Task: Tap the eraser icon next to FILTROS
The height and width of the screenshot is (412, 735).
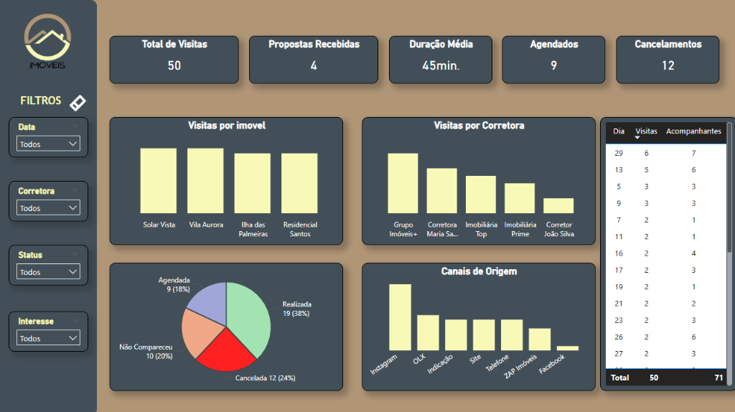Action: click(x=78, y=103)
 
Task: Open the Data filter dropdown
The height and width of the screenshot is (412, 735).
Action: click(x=49, y=144)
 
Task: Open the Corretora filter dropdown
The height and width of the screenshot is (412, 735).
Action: click(x=49, y=208)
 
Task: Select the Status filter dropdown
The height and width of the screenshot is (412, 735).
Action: click(x=49, y=273)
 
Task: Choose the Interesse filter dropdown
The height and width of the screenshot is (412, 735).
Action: click(x=49, y=338)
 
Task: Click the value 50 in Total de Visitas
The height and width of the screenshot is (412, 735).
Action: click(x=174, y=66)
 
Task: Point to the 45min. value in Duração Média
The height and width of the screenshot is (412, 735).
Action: click(x=440, y=66)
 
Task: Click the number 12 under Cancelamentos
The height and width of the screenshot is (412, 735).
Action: click(x=668, y=66)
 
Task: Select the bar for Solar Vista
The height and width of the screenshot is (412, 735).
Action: click(x=159, y=181)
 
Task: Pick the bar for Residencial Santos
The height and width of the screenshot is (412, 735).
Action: click(x=299, y=183)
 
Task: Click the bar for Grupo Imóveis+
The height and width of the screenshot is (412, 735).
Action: click(x=403, y=183)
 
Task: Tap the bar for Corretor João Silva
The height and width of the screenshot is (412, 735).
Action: click(x=558, y=206)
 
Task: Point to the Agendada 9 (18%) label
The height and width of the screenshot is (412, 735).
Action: click(x=174, y=284)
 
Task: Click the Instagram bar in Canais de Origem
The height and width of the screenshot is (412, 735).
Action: click(x=400, y=317)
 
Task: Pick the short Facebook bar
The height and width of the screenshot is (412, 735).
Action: click(x=567, y=348)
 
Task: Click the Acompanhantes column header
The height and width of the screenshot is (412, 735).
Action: click(x=693, y=131)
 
